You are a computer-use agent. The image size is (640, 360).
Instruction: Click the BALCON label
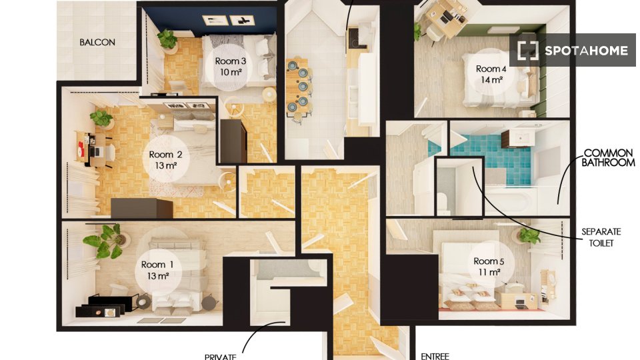tap(97, 42)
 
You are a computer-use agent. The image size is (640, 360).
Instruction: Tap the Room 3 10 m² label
tap(230, 67)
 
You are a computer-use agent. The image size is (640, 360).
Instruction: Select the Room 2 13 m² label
tap(165, 159)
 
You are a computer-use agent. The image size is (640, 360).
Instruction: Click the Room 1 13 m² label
tap(157, 270)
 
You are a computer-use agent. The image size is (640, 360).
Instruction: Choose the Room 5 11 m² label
tap(489, 266)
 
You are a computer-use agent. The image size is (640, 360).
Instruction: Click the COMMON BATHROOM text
tap(608, 158)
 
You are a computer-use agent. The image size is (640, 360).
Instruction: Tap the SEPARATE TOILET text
tap(601, 237)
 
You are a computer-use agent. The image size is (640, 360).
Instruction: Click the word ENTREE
tap(435, 356)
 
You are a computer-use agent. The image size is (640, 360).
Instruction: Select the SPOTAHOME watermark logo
tap(572, 50)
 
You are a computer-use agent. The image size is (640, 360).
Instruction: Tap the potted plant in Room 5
tap(527, 236)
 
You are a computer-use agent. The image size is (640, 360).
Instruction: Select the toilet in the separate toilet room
tap(444, 203)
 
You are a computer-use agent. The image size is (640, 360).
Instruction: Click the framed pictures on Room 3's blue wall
tap(229, 20)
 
